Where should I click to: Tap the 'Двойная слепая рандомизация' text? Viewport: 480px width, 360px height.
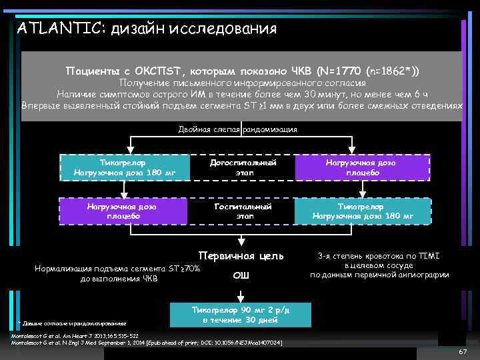pyautogui.click(x=238, y=129)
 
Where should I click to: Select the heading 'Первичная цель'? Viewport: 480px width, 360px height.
pyautogui.click(x=241, y=255)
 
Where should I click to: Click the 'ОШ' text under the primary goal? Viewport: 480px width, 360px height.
pyautogui.click(x=241, y=275)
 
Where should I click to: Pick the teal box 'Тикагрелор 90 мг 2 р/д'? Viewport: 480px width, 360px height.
pyautogui.click(x=241, y=313)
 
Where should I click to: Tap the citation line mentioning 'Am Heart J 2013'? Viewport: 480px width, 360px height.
pyautogui.click(x=75, y=336)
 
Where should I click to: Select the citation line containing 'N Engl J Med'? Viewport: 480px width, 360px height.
pyautogui.click(x=147, y=343)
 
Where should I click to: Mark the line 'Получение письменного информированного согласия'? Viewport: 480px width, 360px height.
pyautogui.click(x=241, y=83)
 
